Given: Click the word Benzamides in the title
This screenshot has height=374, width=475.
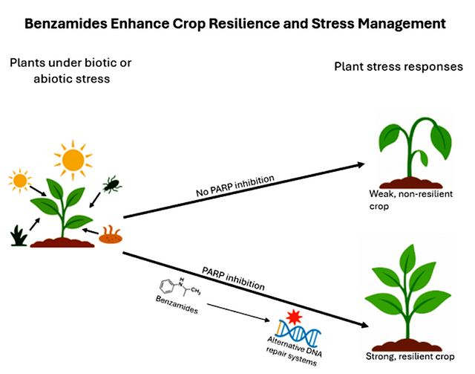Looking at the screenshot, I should point(65,23).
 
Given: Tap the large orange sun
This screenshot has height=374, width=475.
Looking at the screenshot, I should point(73,158).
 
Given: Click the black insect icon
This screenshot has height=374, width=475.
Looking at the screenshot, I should point(112,183).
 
